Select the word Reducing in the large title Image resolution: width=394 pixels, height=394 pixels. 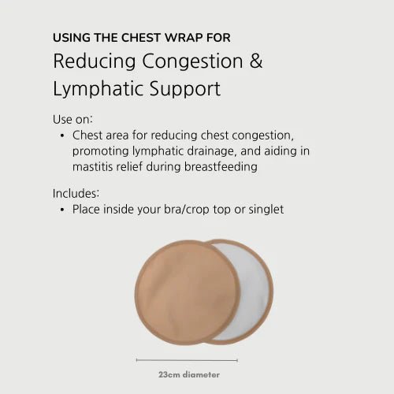88,61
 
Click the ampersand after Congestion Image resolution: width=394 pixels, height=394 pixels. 255,61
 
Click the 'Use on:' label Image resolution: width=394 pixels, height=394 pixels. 72,121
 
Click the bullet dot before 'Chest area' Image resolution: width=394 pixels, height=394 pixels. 61,136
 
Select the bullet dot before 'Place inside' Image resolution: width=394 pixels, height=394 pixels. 61,210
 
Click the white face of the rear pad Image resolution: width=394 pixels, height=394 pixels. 244,292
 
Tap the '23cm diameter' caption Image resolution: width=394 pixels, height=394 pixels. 188,375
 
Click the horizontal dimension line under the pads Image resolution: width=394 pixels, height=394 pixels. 188,359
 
